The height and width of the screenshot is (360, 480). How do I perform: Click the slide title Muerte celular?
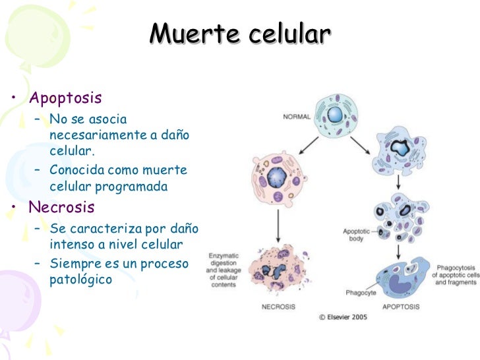click(239, 34)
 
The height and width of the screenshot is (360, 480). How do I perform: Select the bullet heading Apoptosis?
click(65, 98)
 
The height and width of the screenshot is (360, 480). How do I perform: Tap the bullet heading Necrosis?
click(62, 208)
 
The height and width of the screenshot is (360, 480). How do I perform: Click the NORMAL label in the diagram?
click(297, 117)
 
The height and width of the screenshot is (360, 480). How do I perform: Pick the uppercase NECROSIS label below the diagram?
click(278, 307)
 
